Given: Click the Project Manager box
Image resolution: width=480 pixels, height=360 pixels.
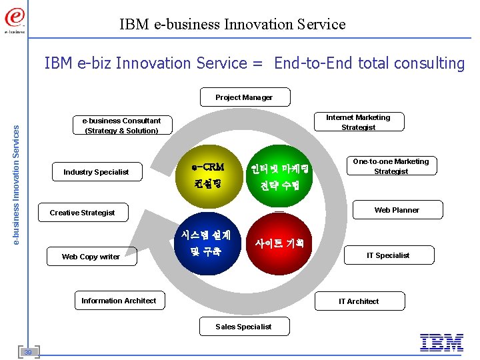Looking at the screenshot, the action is [x=244, y=97].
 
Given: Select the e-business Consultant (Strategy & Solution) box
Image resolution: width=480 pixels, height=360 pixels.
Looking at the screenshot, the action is [x=121, y=125].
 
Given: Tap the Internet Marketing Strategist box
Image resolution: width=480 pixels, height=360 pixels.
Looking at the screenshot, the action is [x=358, y=122].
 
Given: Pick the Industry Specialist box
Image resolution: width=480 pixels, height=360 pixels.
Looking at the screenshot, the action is [x=96, y=172].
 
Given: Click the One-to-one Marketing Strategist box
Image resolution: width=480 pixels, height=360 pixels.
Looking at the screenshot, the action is [x=391, y=166].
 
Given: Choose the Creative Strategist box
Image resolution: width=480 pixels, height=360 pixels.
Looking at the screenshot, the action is [x=82, y=213].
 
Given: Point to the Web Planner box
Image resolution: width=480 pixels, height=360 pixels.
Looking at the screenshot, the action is [x=397, y=210].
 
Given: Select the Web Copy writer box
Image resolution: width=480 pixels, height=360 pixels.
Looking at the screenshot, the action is [x=91, y=257].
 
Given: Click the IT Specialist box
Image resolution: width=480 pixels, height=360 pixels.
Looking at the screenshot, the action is [x=388, y=255].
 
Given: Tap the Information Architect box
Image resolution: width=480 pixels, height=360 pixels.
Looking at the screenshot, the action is [x=119, y=301].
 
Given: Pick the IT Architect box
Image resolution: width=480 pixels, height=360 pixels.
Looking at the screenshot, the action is [x=359, y=301].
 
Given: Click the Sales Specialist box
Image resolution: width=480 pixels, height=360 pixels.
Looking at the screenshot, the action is [x=243, y=327].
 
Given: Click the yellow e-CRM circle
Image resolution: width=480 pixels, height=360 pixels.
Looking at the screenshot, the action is [x=207, y=174].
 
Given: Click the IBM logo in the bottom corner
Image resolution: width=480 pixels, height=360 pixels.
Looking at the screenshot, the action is [x=441, y=343].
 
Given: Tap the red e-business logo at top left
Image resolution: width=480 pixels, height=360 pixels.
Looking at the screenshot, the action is [x=15, y=18].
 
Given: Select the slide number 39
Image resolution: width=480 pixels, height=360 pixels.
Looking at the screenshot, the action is [x=29, y=351].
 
